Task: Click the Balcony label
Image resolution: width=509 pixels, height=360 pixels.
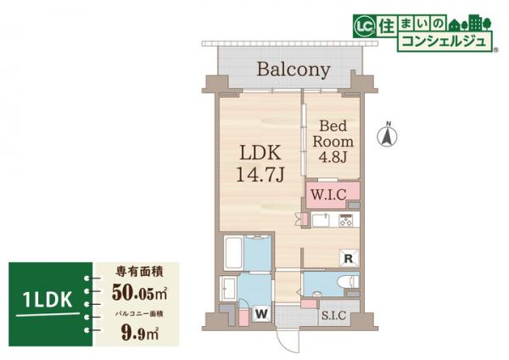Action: pos(294,70)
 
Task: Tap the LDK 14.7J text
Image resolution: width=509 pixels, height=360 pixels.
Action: pos(260,163)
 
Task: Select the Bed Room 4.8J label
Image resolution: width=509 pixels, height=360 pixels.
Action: pos(333,141)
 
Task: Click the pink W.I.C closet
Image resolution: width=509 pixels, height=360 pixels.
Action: pos(333,195)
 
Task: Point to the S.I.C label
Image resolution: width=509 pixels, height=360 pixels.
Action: pos(333,315)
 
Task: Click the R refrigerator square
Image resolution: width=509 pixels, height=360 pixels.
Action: pos(349,258)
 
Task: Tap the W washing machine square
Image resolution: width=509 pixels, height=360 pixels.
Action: pos(261,314)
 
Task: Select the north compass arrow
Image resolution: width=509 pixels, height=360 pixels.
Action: pos(387,136)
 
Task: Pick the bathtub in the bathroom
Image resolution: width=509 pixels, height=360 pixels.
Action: pos(233,252)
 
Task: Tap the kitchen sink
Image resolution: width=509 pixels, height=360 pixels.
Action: pos(321,221)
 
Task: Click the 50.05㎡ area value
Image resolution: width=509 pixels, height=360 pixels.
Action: pos(139,292)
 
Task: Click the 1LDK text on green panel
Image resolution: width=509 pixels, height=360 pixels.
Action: pos(48,300)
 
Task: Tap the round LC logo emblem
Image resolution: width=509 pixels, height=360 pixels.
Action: pos(364,27)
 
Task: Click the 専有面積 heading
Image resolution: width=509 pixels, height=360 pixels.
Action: pos(140,272)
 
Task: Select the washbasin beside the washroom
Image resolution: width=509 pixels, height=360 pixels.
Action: pos(229,289)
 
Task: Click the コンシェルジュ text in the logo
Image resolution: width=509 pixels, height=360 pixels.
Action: pos(444,42)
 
